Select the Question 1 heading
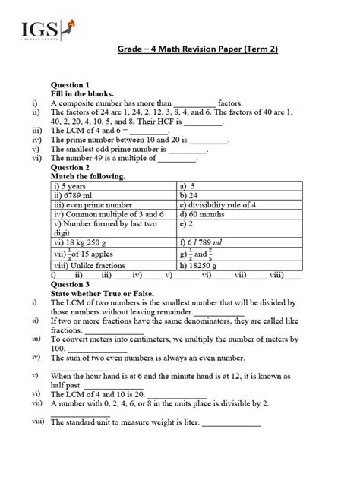[x=71, y=84]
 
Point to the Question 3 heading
[x=71, y=283]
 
